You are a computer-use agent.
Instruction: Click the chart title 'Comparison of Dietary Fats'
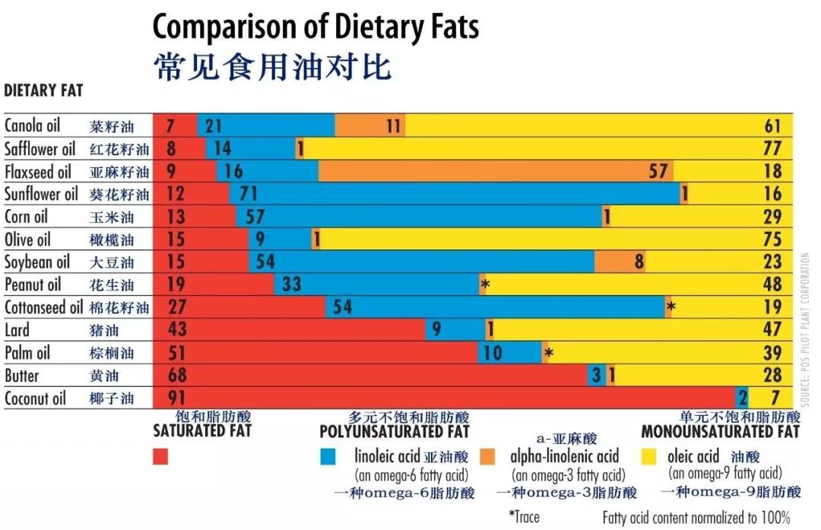click(315, 27)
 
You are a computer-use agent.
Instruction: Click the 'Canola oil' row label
click(32, 125)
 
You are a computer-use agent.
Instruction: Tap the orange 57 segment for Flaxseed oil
click(494, 171)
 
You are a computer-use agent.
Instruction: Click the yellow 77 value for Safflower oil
click(772, 148)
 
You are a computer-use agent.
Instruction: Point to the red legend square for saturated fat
click(160, 456)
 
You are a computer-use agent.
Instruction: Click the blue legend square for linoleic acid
click(328, 456)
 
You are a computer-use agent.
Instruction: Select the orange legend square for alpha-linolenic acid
click(488, 456)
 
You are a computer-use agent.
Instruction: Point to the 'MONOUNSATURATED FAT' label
click(720, 432)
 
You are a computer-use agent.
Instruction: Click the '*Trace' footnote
click(524, 517)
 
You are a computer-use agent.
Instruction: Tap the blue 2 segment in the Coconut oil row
click(742, 398)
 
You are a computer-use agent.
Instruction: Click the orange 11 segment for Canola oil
click(370, 125)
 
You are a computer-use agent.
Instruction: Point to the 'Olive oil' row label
click(29, 239)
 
